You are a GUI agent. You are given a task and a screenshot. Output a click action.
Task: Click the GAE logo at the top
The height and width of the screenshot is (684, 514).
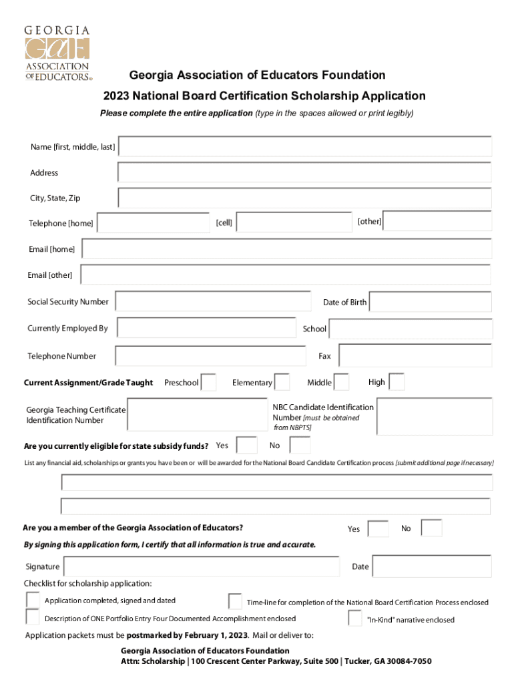click(x=57, y=53)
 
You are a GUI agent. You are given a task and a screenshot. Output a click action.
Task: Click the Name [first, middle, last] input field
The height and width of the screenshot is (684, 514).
click(x=305, y=147)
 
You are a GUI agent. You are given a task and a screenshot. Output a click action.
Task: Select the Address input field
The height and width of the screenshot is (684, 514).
click(x=304, y=172)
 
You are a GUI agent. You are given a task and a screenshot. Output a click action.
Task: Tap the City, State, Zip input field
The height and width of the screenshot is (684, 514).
click(x=304, y=198)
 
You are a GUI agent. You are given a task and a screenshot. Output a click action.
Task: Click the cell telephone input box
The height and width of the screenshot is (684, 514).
click(x=294, y=222)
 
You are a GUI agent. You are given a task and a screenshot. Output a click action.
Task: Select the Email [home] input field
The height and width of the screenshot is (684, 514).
click(x=286, y=249)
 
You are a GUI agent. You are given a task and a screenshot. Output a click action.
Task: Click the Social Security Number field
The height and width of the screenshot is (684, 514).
click(x=213, y=301)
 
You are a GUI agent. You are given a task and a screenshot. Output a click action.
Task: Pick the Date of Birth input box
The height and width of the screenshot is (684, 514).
click(x=430, y=302)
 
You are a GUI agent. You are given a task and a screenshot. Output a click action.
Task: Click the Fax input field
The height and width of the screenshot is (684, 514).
click(x=415, y=355)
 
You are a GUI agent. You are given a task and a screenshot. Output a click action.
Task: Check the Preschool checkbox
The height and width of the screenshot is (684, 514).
click(x=208, y=382)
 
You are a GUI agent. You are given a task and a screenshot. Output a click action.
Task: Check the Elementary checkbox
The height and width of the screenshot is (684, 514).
click(x=282, y=382)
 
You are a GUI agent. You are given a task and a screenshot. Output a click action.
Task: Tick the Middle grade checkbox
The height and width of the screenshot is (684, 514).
click(x=341, y=382)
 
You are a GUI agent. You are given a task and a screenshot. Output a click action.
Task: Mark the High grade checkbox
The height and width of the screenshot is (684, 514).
click(x=397, y=382)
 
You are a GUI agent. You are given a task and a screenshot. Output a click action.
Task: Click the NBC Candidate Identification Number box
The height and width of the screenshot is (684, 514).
click(x=434, y=415)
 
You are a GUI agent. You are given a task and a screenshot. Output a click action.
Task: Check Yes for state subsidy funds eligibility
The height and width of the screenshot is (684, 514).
click(x=247, y=445)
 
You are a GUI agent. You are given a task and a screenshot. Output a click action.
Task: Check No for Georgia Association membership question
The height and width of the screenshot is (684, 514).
click(x=431, y=528)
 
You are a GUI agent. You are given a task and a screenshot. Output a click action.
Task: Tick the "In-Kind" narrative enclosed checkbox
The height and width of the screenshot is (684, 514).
click(x=355, y=619)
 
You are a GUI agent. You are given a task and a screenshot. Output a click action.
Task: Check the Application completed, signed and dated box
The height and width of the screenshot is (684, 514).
click(x=33, y=599)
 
